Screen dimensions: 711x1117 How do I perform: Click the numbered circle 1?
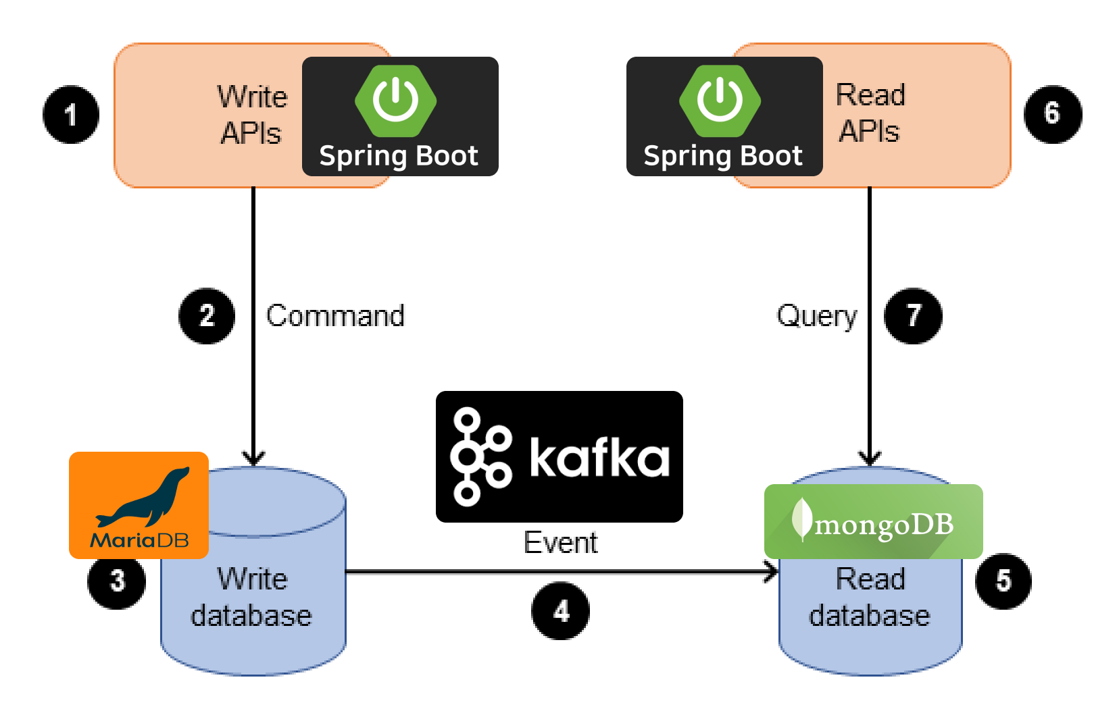71,114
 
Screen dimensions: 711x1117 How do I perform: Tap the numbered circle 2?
207,316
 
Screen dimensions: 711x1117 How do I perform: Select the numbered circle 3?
117,581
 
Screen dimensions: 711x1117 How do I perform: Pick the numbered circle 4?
560,611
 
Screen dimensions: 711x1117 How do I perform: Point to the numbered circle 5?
1003,581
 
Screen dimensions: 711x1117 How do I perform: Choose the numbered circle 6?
1052,113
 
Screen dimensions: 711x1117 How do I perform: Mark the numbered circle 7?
914,316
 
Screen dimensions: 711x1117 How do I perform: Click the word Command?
335,316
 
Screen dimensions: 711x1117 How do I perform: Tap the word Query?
817,316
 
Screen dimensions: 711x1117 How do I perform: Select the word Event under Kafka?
560,543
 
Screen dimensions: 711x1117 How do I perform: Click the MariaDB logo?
139,505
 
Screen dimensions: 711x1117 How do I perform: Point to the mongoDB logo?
873,521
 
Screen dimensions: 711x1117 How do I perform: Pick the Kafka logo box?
559,456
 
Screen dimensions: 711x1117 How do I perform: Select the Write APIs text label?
251,115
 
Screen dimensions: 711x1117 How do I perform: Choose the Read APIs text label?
870,113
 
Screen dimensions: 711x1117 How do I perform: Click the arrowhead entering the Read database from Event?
772,573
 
